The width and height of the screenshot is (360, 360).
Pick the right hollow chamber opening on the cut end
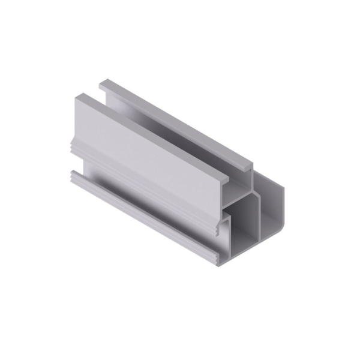[269, 207]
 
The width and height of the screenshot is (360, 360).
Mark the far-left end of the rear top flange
[103, 83]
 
